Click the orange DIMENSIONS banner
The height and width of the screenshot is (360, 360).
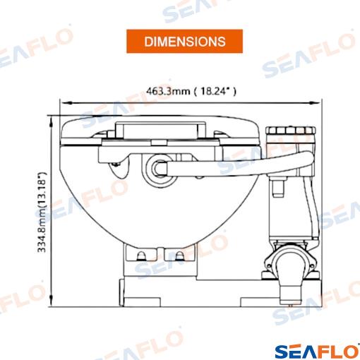[184, 41]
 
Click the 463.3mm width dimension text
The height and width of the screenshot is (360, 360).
[191, 91]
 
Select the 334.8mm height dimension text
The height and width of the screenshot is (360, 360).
[42, 212]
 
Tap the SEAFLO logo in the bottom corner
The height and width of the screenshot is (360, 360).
[317, 352]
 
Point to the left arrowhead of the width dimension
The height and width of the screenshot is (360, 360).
[64, 103]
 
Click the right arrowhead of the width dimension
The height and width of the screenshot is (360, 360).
[316, 103]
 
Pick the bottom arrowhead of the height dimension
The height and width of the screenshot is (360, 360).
[52, 301]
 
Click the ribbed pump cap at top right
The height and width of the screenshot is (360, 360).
[291, 131]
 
